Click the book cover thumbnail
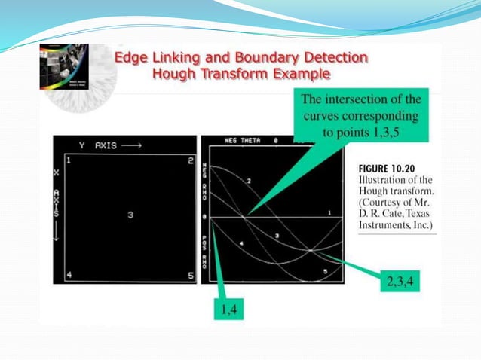64,67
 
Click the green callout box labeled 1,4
227,308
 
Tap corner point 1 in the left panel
68,160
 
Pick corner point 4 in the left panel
68,276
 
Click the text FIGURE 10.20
386,168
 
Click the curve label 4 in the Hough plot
240,245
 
